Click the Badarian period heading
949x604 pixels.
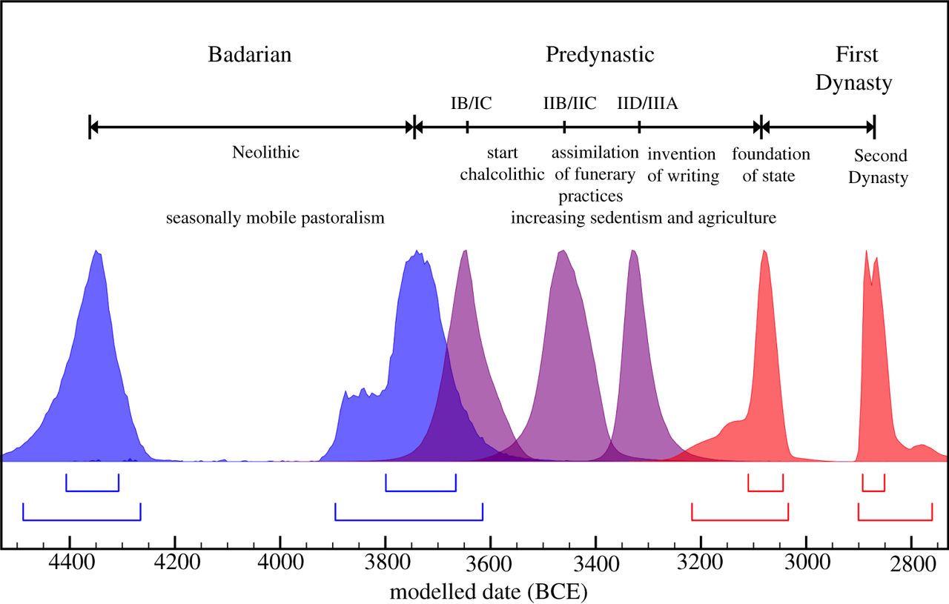250,55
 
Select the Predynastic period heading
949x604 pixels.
601,55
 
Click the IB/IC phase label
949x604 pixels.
471,103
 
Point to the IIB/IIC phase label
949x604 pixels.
569,103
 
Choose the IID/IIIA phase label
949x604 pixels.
647,103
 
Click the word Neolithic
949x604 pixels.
265,153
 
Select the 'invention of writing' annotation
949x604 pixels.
682,165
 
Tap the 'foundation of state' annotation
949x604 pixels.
771,165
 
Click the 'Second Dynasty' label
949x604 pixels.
880,167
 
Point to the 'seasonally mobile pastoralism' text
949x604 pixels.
275,219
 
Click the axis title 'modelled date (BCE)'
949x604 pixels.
489,592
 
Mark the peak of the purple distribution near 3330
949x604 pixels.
633,251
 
